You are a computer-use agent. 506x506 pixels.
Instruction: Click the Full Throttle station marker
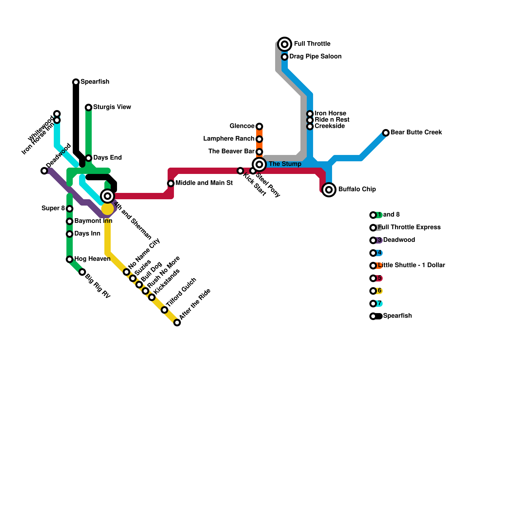[285, 44]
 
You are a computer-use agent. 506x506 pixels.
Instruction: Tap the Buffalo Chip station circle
[329, 190]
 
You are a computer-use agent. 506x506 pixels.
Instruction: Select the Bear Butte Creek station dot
[386, 133]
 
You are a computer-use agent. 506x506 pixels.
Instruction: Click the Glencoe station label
[242, 126]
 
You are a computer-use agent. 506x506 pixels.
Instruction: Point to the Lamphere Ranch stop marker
[259, 139]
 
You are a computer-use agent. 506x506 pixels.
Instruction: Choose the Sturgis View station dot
[89, 108]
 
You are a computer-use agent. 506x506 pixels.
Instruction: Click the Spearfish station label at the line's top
[95, 82]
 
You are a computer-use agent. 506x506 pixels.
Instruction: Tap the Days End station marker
[89, 158]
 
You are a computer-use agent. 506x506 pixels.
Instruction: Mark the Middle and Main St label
[204, 183]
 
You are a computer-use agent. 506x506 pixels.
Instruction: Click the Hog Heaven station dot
[70, 259]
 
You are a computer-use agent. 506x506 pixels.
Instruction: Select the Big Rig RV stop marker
[82, 272]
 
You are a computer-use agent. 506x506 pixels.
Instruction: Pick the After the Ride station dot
[177, 323]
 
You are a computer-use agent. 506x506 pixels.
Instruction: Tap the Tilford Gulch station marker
[164, 310]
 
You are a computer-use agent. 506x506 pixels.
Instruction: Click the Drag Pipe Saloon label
[315, 57]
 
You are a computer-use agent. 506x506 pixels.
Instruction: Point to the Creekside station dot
[310, 126]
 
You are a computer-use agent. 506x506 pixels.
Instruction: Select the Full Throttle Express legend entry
[409, 227]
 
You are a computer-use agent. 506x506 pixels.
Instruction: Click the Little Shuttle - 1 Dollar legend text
[411, 265]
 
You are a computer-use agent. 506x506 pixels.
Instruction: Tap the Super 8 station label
[53, 208]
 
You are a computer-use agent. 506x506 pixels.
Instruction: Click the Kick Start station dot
[240, 171]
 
